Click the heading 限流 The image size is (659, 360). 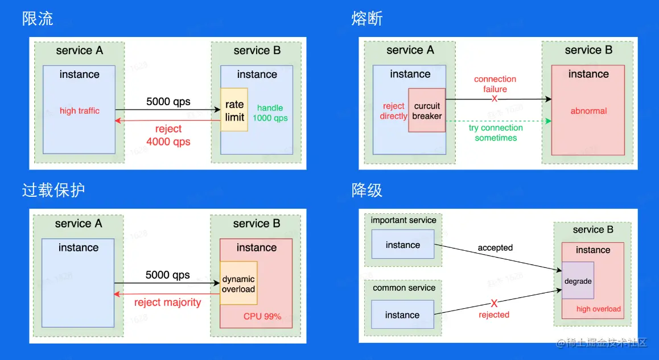point(38,19)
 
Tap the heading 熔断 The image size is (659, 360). point(367,19)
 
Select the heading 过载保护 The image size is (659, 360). point(53,190)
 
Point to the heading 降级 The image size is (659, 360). point(367,190)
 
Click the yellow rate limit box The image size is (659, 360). point(234,110)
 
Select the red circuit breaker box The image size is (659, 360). point(427,110)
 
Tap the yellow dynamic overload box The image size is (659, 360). point(238,284)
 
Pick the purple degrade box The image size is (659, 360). point(578,281)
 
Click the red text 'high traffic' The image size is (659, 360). point(79,111)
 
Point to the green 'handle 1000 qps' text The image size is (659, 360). point(270,113)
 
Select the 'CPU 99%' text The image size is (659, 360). point(262,316)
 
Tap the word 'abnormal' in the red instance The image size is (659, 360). point(588,111)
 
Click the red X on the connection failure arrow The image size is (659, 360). point(494,99)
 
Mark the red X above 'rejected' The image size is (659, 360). point(494,303)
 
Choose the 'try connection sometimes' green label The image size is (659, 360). point(495,133)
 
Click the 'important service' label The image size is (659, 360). point(403,220)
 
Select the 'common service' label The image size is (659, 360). point(404,288)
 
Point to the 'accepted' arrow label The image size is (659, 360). point(495,247)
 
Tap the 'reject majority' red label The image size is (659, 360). point(167,302)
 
